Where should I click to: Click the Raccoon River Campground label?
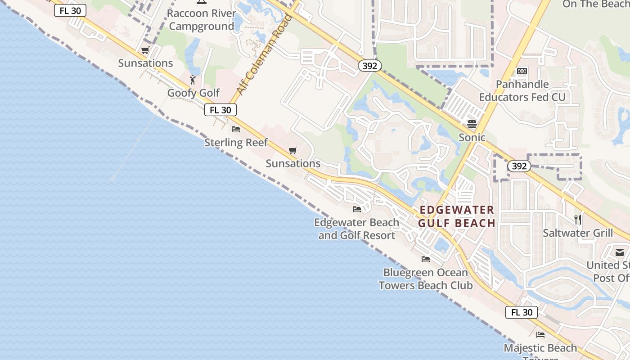tap(201, 20)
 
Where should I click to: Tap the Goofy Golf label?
tap(193, 93)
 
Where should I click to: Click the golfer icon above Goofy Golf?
tap(193, 80)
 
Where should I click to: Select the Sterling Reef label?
tap(236, 143)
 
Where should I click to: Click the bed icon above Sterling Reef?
tap(236, 129)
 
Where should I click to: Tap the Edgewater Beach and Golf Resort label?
tap(356, 229)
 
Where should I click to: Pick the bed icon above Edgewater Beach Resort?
tap(357, 209)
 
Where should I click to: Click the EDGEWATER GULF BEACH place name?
tap(457, 216)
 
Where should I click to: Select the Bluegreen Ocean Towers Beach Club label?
tap(425, 279)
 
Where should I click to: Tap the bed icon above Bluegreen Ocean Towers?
tap(425, 259)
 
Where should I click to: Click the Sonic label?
tap(472, 137)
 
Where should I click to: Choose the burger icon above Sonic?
tap(472, 124)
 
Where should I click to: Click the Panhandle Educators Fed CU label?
tap(522, 90)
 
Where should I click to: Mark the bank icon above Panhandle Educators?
tap(522, 71)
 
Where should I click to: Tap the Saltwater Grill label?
tap(578, 233)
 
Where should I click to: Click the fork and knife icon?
tap(578, 220)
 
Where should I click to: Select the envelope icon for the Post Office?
tap(620, 252)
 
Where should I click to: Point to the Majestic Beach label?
tap(540, 348)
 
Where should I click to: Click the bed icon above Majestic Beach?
tap(540, 334)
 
